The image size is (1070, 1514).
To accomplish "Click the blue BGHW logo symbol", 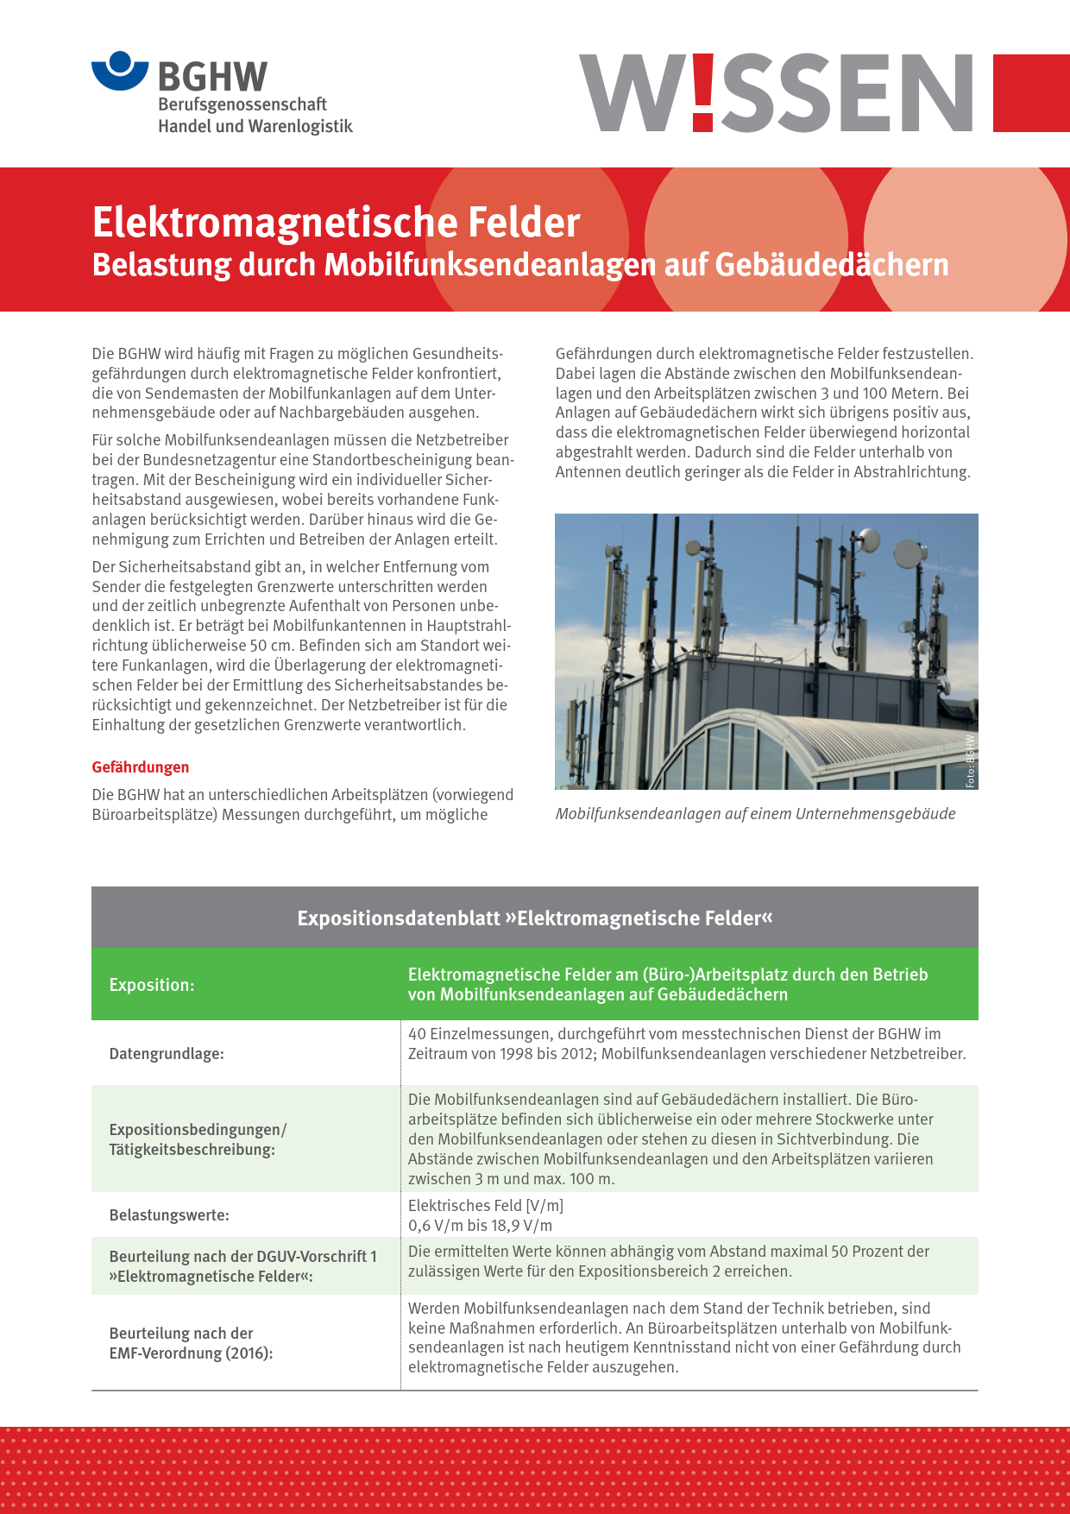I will click(x=120, y=71).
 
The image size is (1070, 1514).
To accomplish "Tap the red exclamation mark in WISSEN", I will click(x=703, y=92).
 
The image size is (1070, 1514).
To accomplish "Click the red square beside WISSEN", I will click(x=1030, y=93).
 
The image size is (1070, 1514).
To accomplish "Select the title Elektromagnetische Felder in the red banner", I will click(x=336, y=223).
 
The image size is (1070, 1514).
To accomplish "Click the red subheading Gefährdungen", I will click(x=141, y=767).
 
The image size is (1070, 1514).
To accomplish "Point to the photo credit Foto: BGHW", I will click(x=970, y=760).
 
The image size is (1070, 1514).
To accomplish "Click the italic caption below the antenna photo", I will click(x=755, y=814).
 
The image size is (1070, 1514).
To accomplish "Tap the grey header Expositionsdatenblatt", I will click(x=534, y=918).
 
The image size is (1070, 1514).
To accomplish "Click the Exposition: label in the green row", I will click(x=152, y=985).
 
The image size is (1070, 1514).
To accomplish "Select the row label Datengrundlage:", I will click(x=167, y=1054).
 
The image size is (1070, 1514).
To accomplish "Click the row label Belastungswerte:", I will click(x=169, y=1215).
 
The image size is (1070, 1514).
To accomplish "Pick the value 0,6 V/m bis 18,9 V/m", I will click(x=480, y=1226).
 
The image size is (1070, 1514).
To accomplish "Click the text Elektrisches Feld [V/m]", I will click(x=485, y=1206).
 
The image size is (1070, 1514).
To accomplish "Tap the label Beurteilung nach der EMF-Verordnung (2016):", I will click(x=191, y=1343).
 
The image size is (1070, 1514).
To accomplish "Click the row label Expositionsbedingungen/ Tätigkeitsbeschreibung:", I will click(x=198, y=1139).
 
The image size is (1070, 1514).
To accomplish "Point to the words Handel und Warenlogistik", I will click(x=255, y=126).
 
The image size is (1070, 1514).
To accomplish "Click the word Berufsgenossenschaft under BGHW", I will click(x=242, y=104).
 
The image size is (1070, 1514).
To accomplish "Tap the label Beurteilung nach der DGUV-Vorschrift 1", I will click(x=242, y=1257).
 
